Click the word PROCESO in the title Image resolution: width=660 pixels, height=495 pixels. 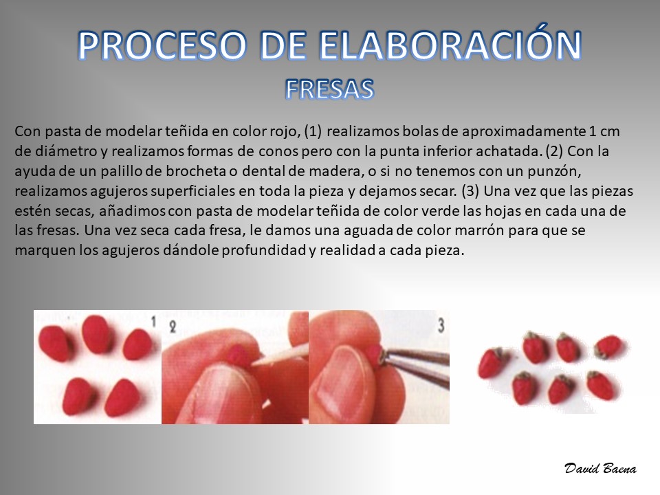click(x=162, y=45)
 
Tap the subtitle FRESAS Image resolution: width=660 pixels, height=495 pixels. click(x=329, y=89)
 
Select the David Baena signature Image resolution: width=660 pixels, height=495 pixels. click(x=600, y=468)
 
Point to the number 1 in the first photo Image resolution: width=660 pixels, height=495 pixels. click(x=153, y=322)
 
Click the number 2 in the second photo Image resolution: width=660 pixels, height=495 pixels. click(x=173, y=327)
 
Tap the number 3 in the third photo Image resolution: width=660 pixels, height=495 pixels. click(x=441, y=325)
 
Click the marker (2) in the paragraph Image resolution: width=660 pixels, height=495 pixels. click(x=554, y=151)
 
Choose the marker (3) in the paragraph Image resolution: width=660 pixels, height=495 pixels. click(x=470, y=191)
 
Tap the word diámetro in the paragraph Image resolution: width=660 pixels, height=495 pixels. click(x=56, y=151)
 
